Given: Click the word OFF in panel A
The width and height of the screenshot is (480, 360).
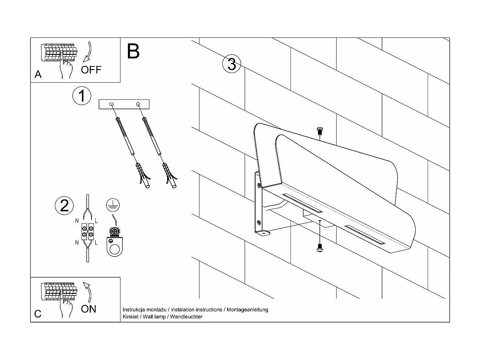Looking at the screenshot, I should click(91, 69).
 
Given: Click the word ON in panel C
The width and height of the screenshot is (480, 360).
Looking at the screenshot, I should click(88, 308).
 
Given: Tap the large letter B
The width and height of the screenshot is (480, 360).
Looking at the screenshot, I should click(133, 52).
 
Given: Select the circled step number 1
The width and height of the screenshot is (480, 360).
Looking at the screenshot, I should click(82, 96).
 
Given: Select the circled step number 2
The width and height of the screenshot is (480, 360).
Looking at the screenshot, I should click(64, 206).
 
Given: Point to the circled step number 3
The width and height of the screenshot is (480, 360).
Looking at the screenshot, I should click(232, 64).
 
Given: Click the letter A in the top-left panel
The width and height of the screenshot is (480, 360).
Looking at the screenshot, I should click(38, 75).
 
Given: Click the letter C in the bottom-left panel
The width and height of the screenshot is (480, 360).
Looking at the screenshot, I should click(38, 314).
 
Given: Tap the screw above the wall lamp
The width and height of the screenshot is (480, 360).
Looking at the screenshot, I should click(320, 131).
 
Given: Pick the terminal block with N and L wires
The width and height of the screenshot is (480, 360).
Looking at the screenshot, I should click(87, 232).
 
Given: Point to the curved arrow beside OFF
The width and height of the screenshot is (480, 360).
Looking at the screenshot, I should click(88, 52).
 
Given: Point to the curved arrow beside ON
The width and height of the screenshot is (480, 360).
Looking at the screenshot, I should click(87, 291).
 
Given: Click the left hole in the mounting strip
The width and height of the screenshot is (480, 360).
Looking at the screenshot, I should click(111, 105).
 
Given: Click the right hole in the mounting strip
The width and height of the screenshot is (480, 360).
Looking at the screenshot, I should click(138, 104).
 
